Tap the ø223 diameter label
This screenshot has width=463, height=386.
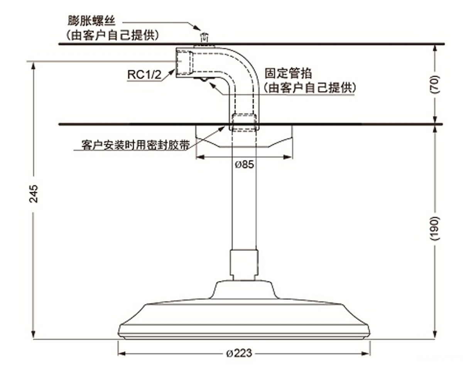point(239,353)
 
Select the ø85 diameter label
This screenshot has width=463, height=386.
point(244,164)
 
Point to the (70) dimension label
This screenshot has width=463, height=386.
point(434,84)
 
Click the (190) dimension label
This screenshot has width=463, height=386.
point(434,229)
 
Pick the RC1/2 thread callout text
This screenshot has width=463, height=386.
point(144,74)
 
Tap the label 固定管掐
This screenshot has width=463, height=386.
point(288,73)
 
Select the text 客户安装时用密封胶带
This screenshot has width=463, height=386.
point(135,145)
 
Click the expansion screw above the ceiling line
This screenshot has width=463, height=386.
point(204,38)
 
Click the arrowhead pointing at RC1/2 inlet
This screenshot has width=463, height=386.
point(172,72)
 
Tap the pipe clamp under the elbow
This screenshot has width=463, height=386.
point(204,80)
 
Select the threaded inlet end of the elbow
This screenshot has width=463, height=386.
point(184,62)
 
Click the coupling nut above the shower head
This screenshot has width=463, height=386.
point(244,262)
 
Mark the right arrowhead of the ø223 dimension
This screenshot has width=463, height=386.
point(366,353)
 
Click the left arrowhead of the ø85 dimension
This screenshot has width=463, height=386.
point(200,157)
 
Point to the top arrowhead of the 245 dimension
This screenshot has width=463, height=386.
point(34,66)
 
